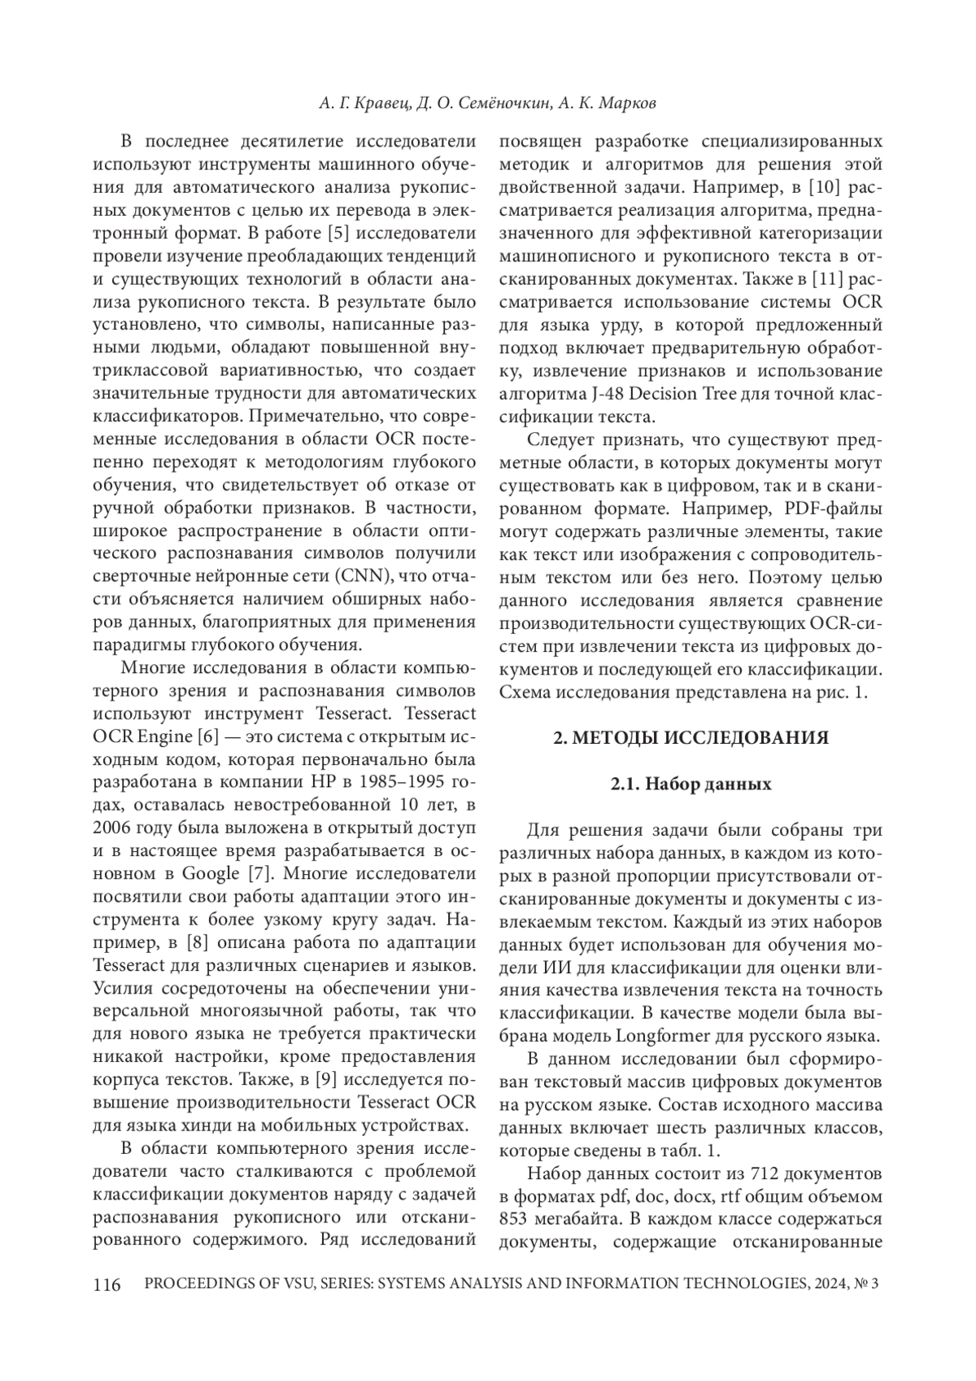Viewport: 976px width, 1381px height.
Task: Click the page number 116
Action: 107,1285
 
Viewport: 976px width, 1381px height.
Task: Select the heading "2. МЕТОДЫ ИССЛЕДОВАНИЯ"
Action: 691,738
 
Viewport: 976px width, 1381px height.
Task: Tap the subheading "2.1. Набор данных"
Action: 691,785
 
